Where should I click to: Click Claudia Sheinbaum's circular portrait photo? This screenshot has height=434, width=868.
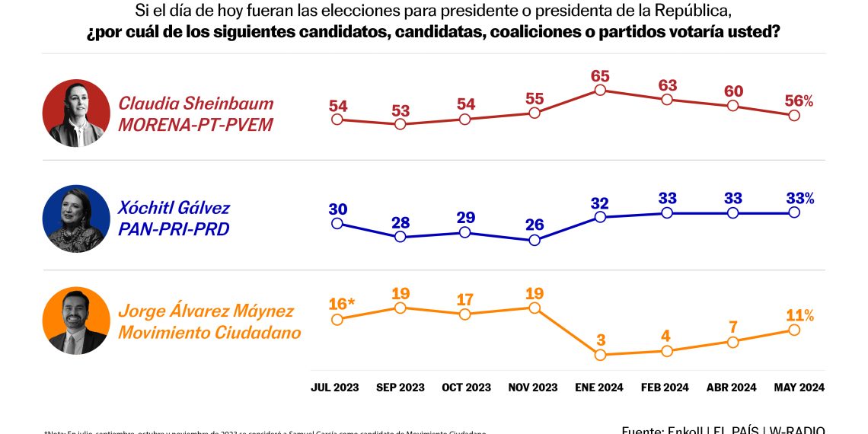(76, 113)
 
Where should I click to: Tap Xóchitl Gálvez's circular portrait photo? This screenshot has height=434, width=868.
(76, 219)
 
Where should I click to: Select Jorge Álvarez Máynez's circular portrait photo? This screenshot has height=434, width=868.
(76, 321)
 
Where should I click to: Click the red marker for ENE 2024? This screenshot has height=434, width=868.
(600, 90)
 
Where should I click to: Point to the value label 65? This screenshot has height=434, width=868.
(600, 76)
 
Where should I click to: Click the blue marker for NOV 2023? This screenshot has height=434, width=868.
(535, 240)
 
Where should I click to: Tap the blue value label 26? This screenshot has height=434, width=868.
(535, 225)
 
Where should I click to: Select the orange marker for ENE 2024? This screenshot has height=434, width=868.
(600, 355)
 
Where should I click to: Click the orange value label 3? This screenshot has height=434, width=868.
(600, 340)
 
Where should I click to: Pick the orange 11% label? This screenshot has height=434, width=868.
(798, 315)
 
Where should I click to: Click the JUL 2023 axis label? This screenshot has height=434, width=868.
(335, 388)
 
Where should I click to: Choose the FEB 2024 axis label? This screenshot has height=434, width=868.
(666, 388)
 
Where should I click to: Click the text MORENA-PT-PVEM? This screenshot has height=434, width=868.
(195, 125)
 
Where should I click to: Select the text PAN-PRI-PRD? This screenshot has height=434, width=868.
(174, 228)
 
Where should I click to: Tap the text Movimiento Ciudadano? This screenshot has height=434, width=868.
(209, 333)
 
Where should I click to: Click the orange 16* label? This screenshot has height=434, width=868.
(342, 305)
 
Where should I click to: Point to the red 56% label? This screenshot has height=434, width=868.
(798, 101)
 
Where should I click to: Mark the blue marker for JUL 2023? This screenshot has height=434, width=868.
(337, 224)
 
